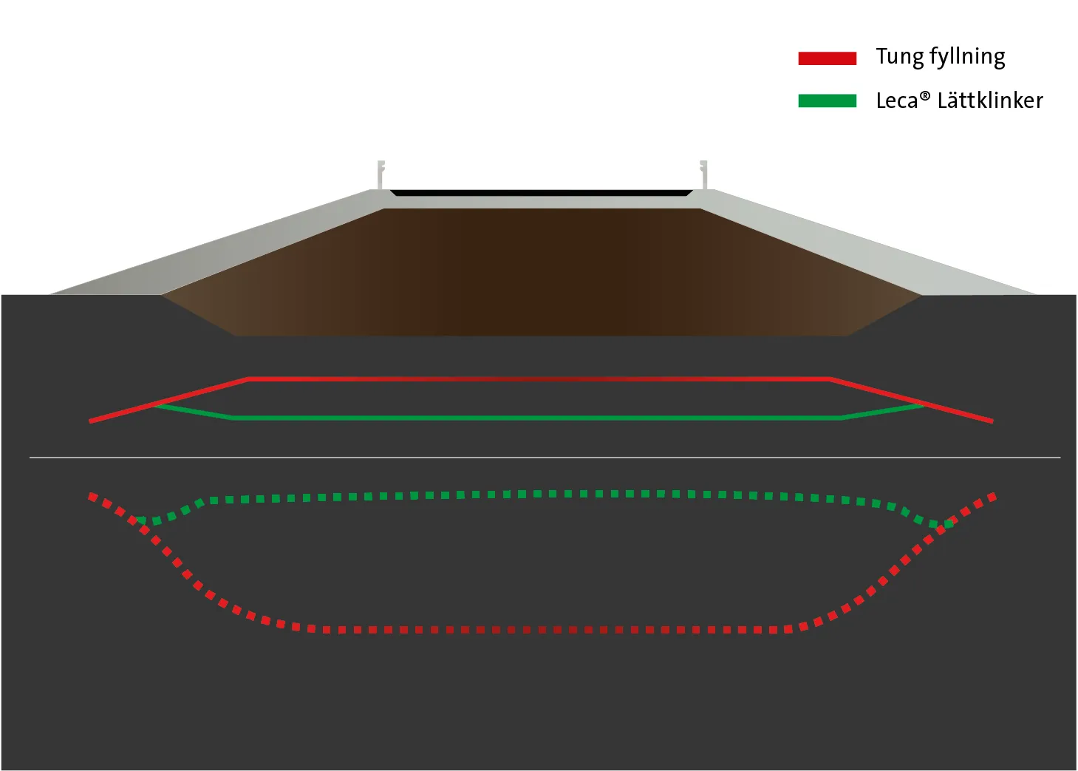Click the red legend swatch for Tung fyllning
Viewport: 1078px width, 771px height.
(x=828, y=58)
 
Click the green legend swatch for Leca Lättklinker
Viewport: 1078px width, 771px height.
(x=828, y=101)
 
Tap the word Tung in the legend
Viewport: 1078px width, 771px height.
(x=898, y=58)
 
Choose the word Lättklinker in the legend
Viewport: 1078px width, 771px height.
(x=990, y=101)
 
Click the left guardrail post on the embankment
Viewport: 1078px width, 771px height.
(x=381, y=174)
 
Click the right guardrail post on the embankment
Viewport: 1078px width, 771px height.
(x=703, y=174)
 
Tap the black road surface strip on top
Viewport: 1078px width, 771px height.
(x=542, y=193)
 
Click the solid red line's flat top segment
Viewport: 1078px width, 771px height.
(x=539, y=379)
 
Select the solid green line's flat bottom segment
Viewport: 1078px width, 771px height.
(x=537, y=418)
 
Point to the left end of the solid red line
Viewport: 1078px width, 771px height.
(x=90, y=421)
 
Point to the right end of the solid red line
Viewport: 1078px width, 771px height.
(x=992, y=421)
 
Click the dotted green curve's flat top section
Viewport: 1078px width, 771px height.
(x=539, y=495)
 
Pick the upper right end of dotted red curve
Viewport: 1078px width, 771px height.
(x=992, y=496)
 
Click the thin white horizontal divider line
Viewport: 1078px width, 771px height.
(x=545, y=457)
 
